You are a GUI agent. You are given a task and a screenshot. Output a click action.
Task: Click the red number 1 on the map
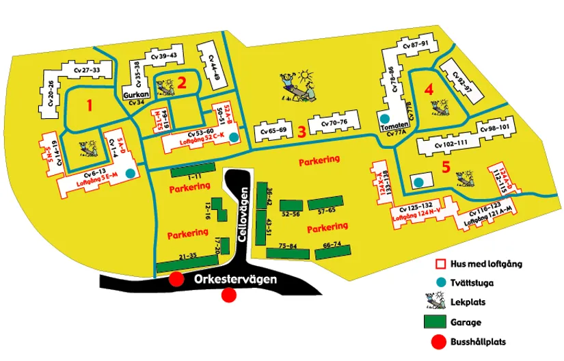tap(88, 105)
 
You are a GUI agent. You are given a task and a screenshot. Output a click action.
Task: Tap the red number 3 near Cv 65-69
tap(301, 131)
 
